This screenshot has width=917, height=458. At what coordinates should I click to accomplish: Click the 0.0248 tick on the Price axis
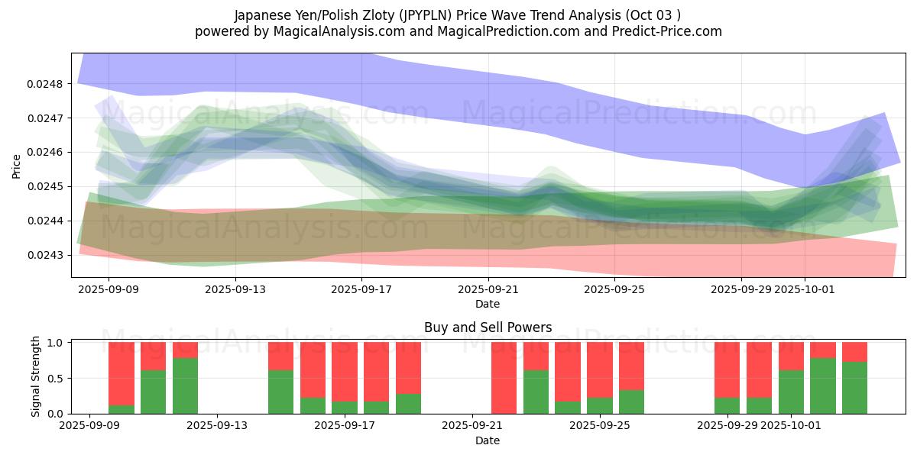point(47,84)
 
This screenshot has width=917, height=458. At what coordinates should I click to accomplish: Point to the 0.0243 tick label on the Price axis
point(47,255)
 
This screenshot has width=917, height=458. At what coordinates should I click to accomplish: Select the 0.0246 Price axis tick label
point(47,153)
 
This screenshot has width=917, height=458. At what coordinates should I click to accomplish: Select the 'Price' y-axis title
point(17,166)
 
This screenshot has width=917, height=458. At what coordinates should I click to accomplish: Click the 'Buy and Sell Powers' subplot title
point(488,327)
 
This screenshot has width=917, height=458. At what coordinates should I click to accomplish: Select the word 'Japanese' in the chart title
point(261,15)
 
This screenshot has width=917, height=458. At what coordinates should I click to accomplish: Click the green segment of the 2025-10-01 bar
point(791,392)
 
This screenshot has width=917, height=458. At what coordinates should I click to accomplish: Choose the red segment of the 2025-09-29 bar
point(727,370)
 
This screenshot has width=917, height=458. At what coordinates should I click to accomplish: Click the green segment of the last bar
point(854,388)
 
